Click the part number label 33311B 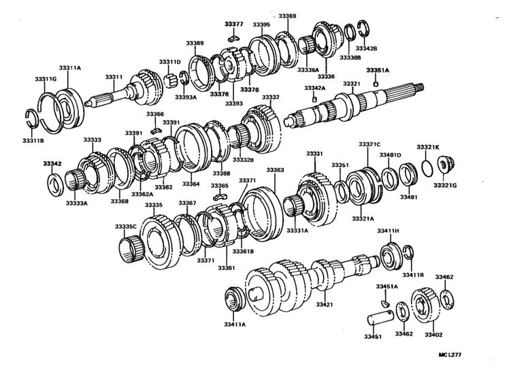(x=31, y=140)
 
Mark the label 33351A (x=378, y=70)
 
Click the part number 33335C (x=125, y=226)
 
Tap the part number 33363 (x=275, y=170)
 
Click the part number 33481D (x=390, y=155)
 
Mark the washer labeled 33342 (x=53, y=182)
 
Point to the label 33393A (x=185, y=97)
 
